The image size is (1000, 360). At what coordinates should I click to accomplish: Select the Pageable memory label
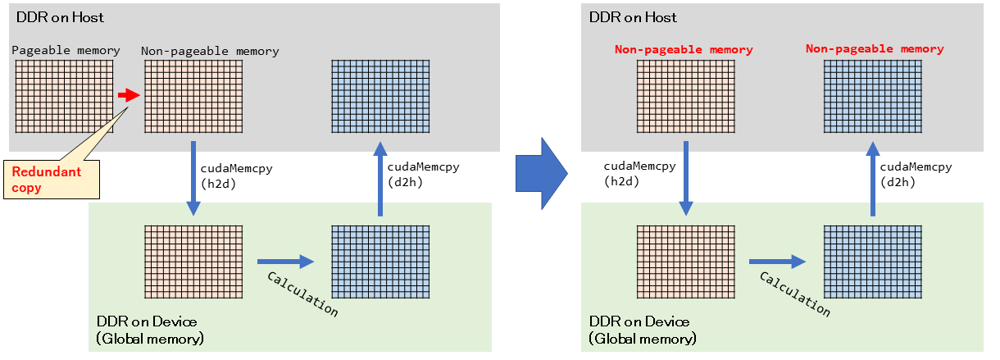pyautogui.click(x=66, y=51)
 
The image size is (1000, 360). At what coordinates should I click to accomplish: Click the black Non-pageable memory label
pyautogui.click(x=210, y=51)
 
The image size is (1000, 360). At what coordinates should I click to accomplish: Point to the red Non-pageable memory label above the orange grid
pyautogui.click(x=684, y=50)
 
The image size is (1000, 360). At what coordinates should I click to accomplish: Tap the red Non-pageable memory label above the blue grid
pyautogui.click(x=875, y=49)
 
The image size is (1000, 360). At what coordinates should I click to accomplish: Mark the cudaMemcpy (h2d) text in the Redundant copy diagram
pyautogui.click(x=237, y=175)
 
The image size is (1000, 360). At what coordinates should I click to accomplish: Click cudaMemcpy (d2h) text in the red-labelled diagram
pyautogui.click(x=916, y=175)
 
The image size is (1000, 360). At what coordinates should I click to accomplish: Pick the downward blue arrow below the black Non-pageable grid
pyautogui.click(x=193, y=178)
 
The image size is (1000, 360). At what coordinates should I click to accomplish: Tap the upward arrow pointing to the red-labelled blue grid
pyautogui.click(x=872, y=177)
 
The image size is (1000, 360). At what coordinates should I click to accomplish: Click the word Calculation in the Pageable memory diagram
pyautogui.click(x=302, y=294)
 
